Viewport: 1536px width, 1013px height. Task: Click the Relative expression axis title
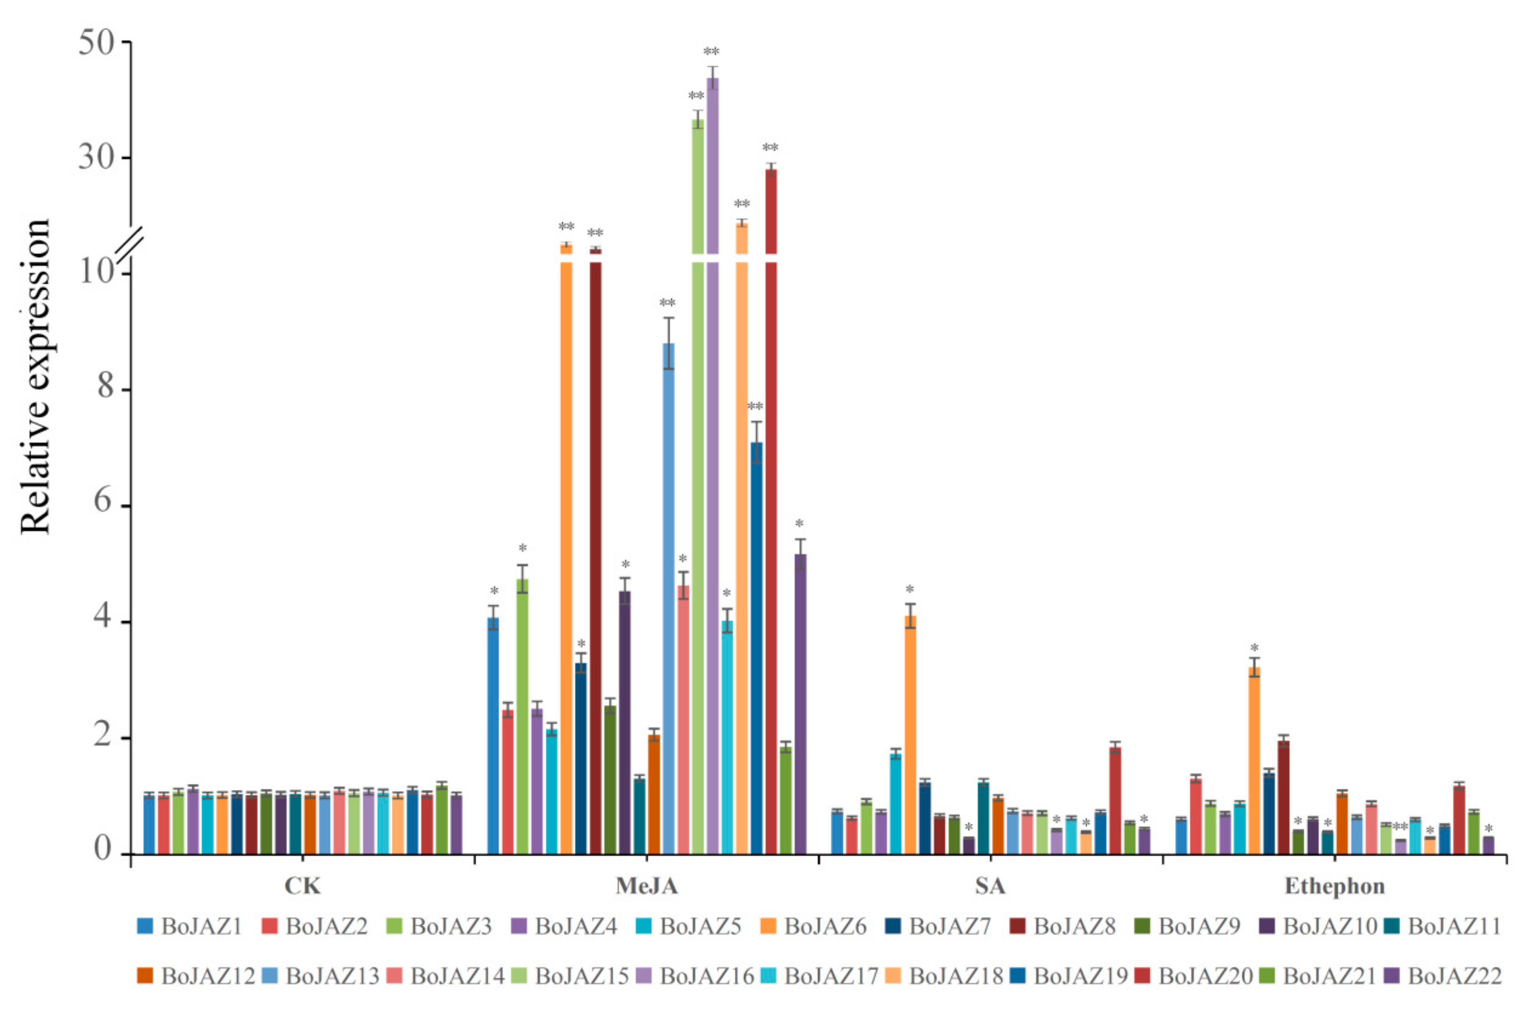coord(35,377)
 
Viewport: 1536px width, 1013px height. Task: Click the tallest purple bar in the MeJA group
coord(712,452)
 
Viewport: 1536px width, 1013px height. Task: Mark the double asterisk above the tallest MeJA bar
coord(712,51)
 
